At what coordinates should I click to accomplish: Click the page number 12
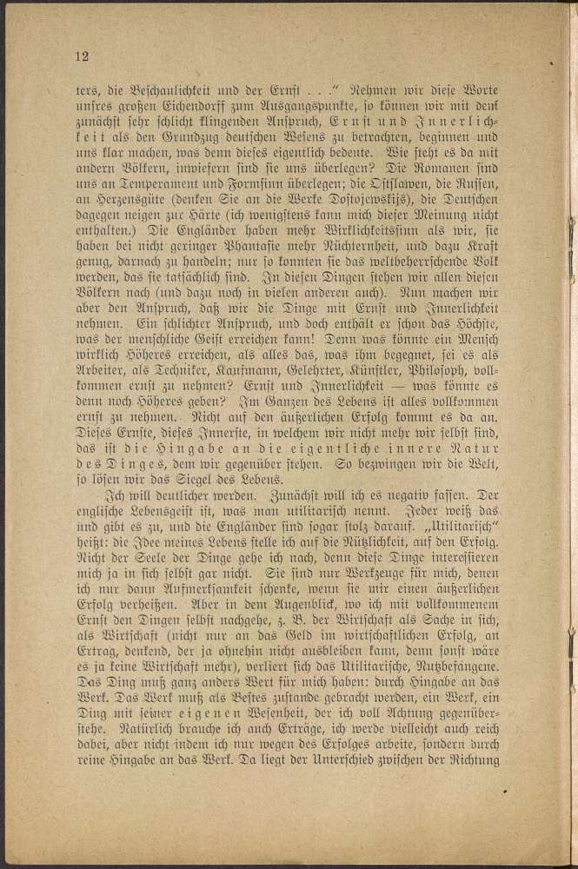point(83,56)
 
